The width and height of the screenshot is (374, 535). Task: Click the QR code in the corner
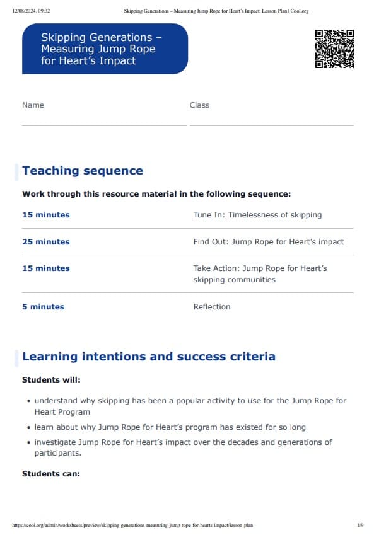click(334, 49)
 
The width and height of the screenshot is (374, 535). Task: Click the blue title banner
click(105, 49)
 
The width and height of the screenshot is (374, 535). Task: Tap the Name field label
click(33, 105)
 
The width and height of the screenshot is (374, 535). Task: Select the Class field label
click(199, 105)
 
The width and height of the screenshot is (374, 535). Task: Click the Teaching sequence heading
click(83, 171)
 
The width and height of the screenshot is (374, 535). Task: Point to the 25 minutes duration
click(46, 242)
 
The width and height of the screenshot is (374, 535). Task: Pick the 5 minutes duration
click(43, 307)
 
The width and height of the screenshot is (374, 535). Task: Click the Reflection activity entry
click(212, 307)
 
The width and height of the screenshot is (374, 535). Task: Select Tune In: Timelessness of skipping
click(257, 215)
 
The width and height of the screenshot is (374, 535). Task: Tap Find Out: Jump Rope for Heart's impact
click(269, 242)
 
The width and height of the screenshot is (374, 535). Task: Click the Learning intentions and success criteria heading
click(149, 357)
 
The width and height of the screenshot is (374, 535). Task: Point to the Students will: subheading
click(51, 380)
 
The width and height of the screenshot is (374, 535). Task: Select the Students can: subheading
click(51, 473)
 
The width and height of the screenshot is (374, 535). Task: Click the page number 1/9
click(360, 525)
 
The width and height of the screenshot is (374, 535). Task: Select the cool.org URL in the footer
click(132, 525)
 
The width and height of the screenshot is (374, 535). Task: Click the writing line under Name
click(104, 125)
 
